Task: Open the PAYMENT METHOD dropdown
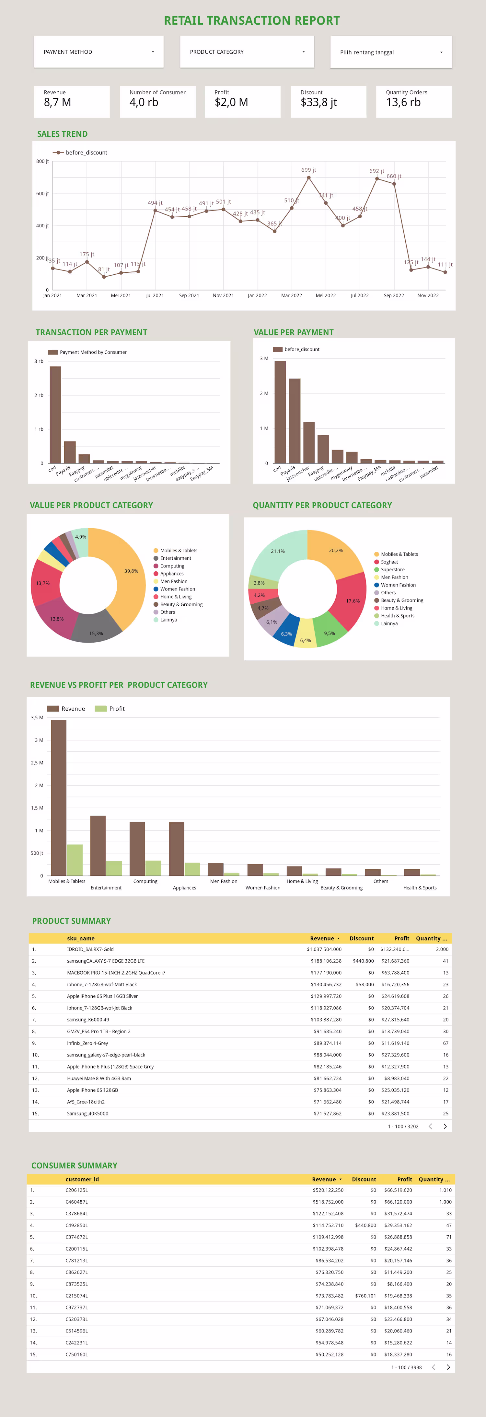[x=98, y=52]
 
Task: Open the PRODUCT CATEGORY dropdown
[x=247, y=52]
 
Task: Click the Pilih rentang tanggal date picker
[x=391, y=52]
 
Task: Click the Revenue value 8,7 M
[x=57, y=102]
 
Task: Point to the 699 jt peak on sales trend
[x=309, y=178]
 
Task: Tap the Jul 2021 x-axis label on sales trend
[x=155, y=295]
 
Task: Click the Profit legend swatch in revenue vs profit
[x=100, y=709]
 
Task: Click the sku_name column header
[x=80, y=938]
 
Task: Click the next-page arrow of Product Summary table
[x=445, y=1126]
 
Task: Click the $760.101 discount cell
[x=365, y=1296]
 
